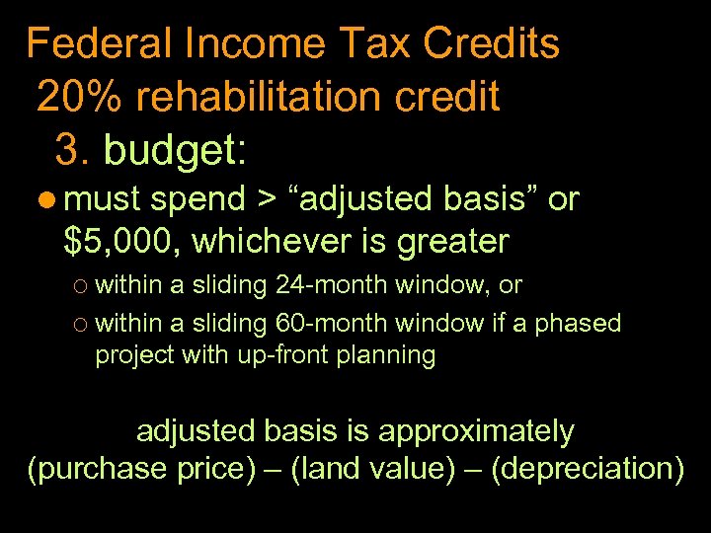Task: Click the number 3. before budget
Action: [x=73, y=150]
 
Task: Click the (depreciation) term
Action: [x=587, y=469]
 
